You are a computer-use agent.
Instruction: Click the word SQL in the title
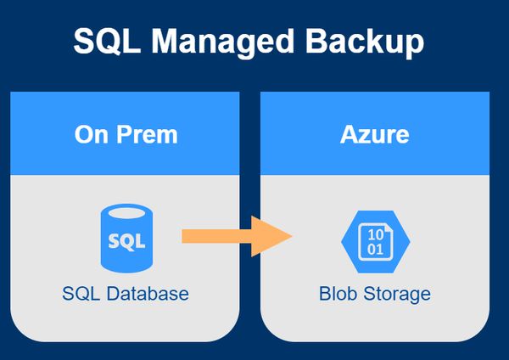point(104,41)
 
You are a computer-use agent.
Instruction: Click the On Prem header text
point(126,134)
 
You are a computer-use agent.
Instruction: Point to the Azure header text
point(374,134)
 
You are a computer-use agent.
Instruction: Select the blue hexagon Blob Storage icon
point(374,240)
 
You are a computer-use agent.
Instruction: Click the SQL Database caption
point(126,294)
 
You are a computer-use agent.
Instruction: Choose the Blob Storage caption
point(374,294)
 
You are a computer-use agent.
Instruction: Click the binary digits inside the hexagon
point(373,241)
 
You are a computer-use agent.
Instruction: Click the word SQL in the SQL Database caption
point(78,294)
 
